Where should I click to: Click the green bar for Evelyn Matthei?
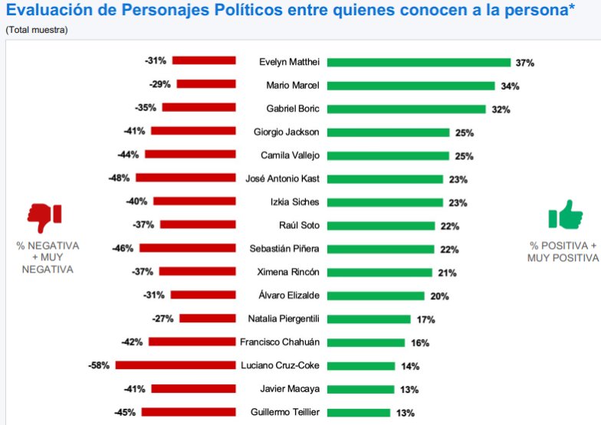[x=419, y=63]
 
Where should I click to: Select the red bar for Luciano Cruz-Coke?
[x=176, y=365]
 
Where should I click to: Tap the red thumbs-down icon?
[x=44, y=217]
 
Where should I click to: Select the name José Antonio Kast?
[x=281, y=178]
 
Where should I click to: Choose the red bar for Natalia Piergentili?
[x=208, y=319]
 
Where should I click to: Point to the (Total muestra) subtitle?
[x=36, y=30]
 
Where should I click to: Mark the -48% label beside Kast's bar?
[x=119, y=178]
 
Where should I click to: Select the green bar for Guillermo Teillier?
[x=360, y=412]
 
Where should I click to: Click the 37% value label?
[x=524, y=63]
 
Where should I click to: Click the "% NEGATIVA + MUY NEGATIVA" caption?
[x=48, y=257]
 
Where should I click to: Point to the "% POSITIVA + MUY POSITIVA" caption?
[x=563, y=252]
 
